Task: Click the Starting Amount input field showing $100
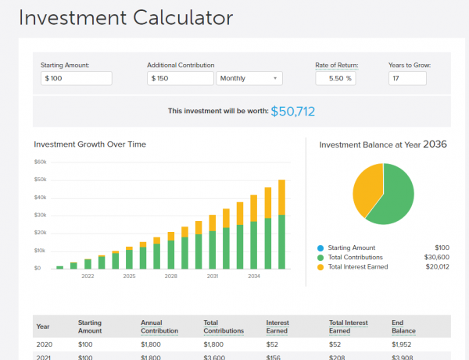(76, 78)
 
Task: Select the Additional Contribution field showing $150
(180, 78)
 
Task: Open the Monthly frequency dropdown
(249, 78)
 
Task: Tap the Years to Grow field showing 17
(406, 78)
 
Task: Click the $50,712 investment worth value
(293, 111)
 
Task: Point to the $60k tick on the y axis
(40, 162)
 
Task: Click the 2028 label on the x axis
(170, 276)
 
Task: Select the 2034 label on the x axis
(254, 276)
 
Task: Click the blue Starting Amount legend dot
(321, 247)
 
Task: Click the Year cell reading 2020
(45, 344)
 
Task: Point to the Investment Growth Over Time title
(90, 144)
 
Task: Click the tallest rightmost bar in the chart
(281, 226)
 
